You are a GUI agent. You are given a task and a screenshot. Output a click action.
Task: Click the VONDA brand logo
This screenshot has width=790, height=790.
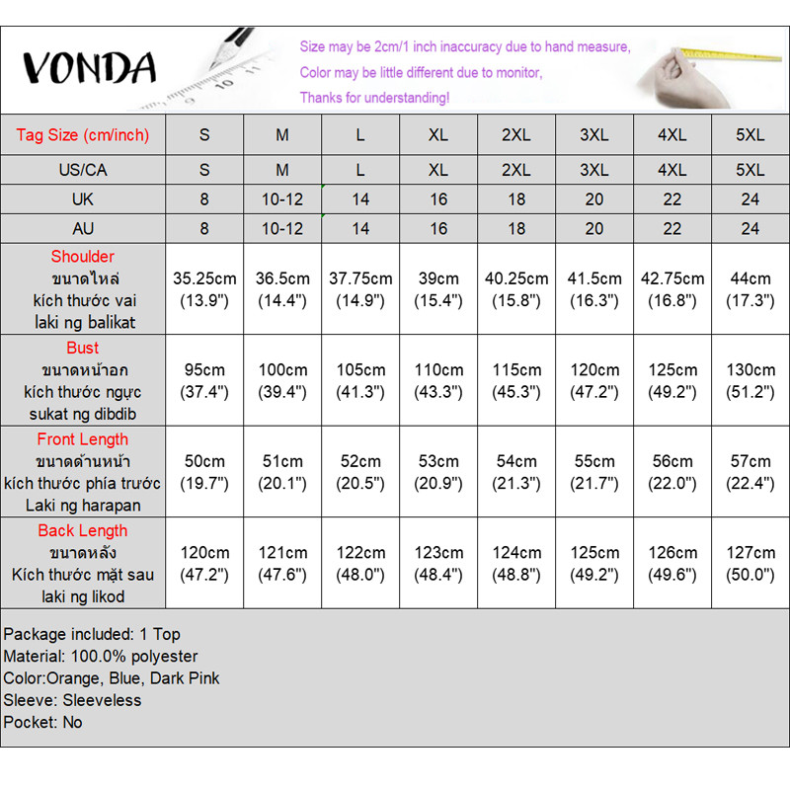coord(89,67)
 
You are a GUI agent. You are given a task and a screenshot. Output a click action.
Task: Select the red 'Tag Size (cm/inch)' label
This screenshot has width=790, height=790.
coord(82,135)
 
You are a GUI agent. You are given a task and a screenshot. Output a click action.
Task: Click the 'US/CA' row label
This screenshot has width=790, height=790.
coord(82,170)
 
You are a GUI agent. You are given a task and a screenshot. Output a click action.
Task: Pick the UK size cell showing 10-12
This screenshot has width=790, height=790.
coord(282,199)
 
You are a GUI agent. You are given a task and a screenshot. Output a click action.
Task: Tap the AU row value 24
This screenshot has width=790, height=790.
coord(750,229)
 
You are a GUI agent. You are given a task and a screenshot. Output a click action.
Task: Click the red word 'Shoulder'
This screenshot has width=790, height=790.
coord(83,257)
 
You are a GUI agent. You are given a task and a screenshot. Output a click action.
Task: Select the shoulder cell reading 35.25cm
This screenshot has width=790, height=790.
coord(204,289)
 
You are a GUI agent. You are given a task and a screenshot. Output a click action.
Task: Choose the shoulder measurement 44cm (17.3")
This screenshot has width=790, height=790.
coord(750,289)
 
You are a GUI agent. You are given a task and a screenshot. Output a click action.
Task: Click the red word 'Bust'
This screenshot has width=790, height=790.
coord(83,348)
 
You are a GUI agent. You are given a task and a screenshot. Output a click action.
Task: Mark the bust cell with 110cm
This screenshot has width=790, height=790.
coord(438,380)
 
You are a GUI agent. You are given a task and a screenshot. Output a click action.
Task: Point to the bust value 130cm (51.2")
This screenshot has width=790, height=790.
coord(750,380)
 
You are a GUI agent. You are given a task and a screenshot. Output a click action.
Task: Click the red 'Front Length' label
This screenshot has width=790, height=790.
coord(83,439)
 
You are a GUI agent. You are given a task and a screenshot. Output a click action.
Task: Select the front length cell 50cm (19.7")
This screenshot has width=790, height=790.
coord(204,472)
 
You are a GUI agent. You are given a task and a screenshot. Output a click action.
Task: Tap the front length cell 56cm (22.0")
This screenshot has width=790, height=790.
coord(672,472)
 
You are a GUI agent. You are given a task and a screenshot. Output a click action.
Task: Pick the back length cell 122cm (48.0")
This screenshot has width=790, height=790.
coord(360,564)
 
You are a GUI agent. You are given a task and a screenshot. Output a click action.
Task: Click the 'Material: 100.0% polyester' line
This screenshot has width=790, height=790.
coord(101,656)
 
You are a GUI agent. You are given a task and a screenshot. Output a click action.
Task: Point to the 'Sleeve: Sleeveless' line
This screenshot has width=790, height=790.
coord(73,700)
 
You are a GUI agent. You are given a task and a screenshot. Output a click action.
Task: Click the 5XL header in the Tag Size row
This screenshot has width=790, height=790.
coord(750,135)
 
